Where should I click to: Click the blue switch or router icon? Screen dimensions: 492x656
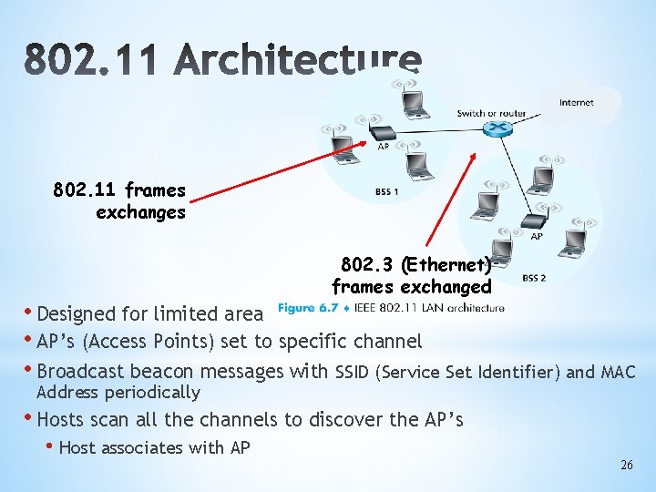point(497,129)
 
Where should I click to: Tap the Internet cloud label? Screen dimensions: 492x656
point(576,102)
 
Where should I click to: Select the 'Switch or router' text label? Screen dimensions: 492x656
point(491,113)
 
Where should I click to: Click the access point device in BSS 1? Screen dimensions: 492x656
point(383,132)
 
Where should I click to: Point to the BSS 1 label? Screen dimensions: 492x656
point(386,192)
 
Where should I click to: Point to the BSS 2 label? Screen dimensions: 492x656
point(534,278)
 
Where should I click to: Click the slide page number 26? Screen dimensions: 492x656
point(626,465)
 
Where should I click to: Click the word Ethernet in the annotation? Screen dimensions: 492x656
point(446,265)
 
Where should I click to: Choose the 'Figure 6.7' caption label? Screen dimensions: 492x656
point(306,308)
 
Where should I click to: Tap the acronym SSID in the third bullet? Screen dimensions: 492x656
point(354,372)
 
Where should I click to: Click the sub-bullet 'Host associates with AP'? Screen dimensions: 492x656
point(153,447)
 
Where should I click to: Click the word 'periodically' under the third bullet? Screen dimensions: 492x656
point(155,393)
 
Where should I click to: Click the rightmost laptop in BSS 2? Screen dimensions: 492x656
point(572,241)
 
